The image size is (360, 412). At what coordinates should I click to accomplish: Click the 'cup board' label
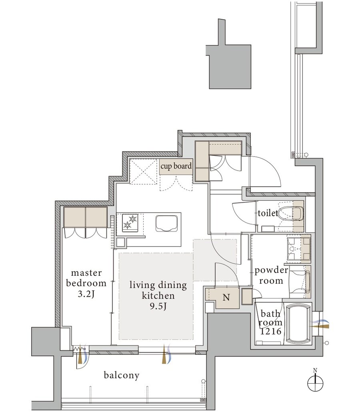[176, 166]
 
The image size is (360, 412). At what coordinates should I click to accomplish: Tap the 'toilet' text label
[268, 213]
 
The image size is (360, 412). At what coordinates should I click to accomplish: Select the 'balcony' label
[122, 375]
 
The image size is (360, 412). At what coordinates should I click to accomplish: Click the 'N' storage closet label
[226, 298]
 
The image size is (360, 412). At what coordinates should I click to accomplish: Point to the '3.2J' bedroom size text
[86, 294]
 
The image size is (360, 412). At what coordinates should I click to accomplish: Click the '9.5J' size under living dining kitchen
[158, 306]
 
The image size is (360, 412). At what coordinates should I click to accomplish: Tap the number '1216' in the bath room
[271, 332]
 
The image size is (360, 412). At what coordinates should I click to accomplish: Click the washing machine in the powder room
[299, 281]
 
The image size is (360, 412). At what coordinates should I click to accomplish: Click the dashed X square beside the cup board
[142, 172]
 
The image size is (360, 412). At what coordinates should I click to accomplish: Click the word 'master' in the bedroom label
[86, 273]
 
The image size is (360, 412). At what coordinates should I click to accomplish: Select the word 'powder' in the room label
[271, 271]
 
